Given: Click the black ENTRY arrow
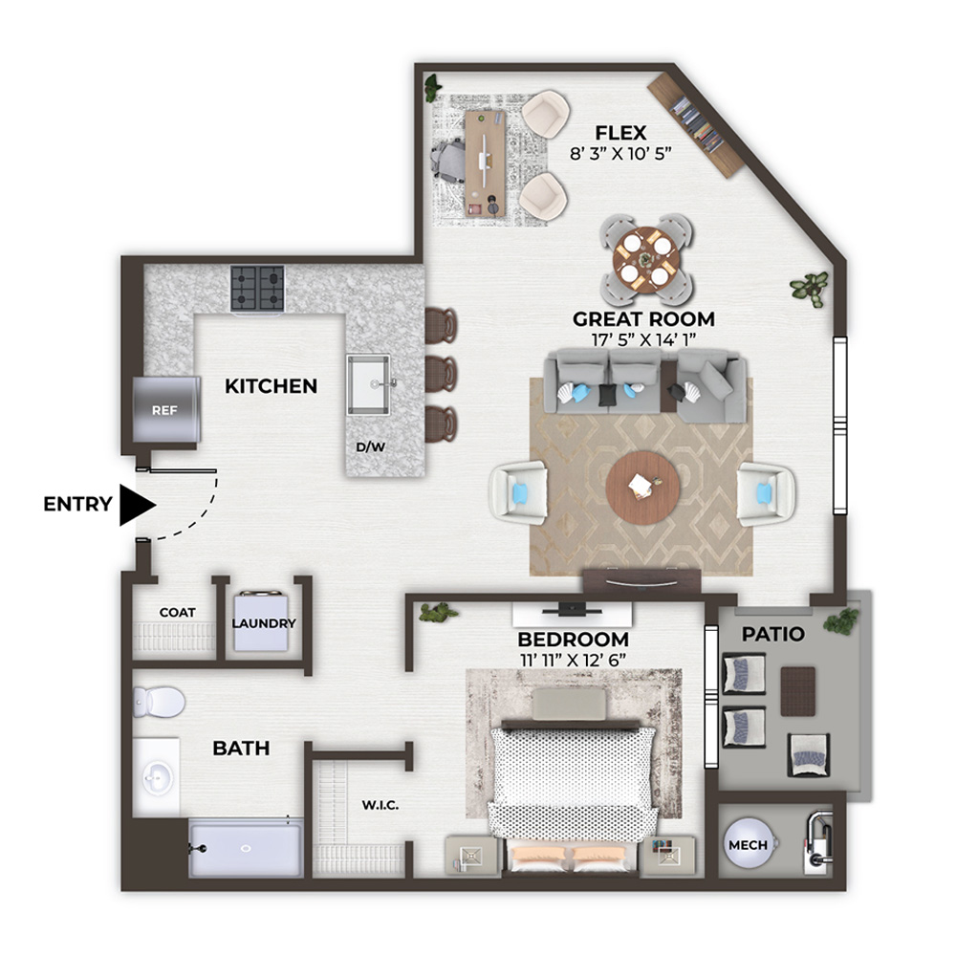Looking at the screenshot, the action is [x=137, y=505].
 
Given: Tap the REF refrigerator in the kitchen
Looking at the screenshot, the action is [x=166, y=409].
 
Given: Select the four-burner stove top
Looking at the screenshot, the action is [x=257, y=289].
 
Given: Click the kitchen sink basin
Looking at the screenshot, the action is [x=368, y=384].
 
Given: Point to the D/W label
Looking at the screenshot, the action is [x=371, y=446].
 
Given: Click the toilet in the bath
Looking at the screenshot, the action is [x=159, y=702].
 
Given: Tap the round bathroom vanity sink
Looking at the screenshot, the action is [x=156, y=777].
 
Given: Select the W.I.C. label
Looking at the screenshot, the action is [x=380, y=805].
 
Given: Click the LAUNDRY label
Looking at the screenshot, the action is [x=264, y=623].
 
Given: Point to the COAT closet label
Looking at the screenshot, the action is [x=178, y=612].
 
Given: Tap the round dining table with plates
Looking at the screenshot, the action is [x=646, y=260].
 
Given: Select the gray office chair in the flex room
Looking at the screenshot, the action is [x=449, y=159].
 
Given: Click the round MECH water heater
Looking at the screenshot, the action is [x=749, y=845].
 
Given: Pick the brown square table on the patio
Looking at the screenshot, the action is [x=798, y=691].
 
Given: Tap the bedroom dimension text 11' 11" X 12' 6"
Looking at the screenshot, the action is [x=573, y=660].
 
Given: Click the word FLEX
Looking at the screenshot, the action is [x=620, y=133].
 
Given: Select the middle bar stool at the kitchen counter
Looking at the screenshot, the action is [x=442, y=374].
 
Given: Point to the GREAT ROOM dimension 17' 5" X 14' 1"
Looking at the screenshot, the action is [x=643, y=339].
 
